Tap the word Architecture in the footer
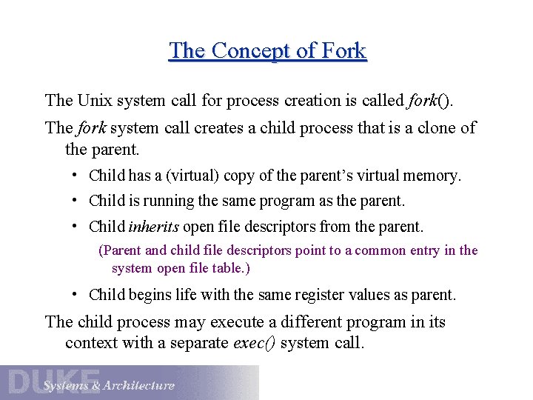pos(139,385)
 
